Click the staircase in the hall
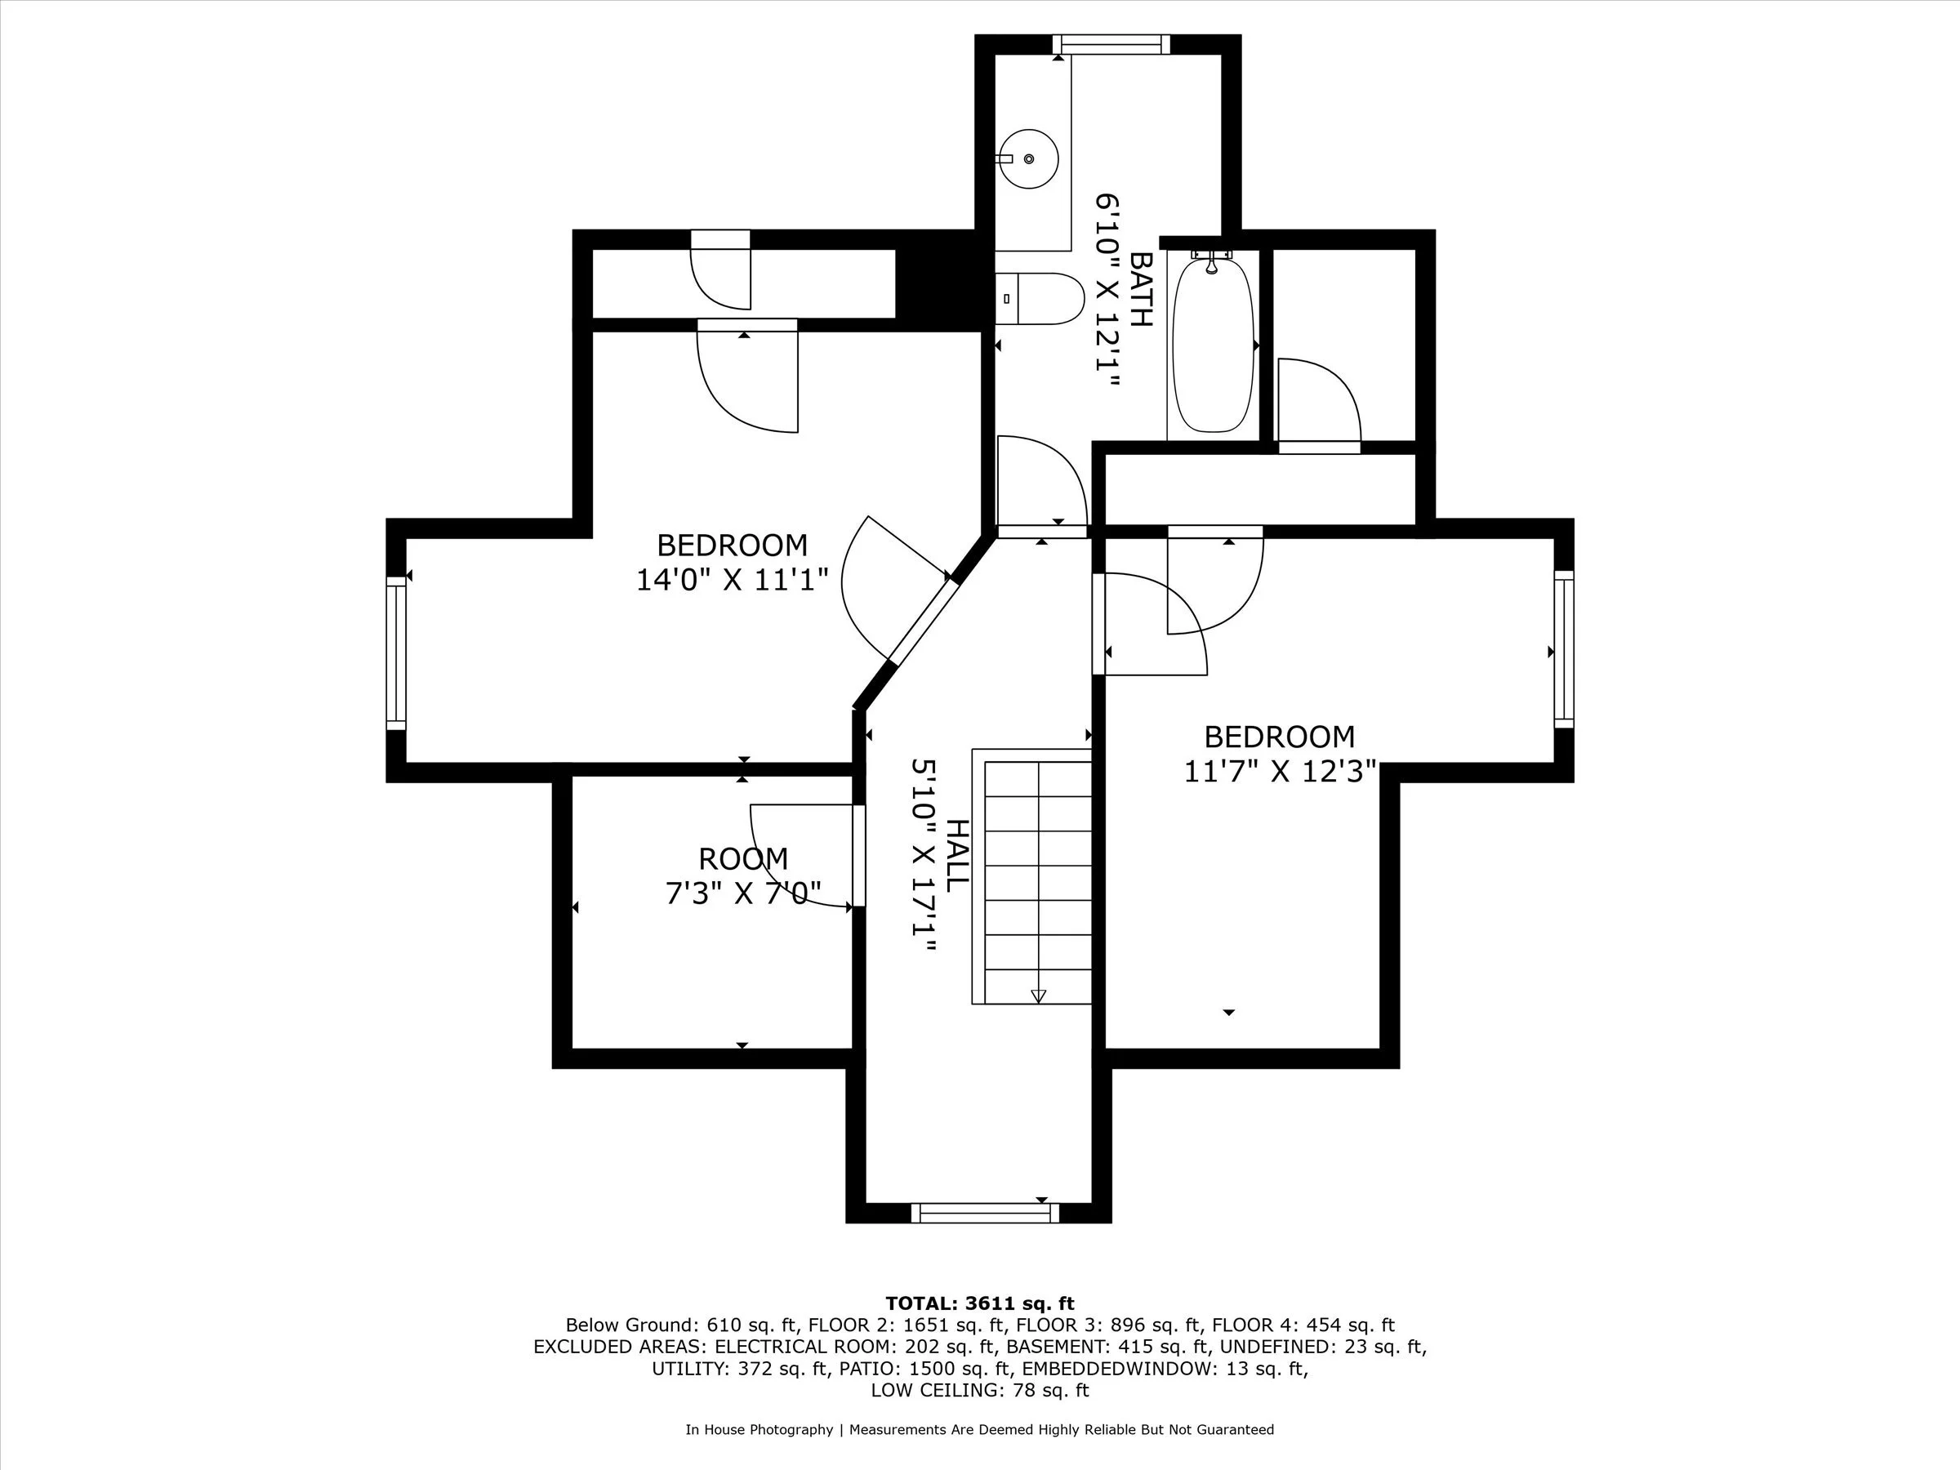coord(1031,876)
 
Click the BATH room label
coord(1141,289)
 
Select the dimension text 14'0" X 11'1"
coord(732,581)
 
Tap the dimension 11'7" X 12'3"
coord(1280,772)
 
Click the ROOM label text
coord(742,858)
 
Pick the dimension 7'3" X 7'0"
coord(742,893)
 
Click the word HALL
coord(957,855)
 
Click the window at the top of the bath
coord(1111,44)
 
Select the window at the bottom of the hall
coord(984,1213)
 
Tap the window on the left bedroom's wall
coord(396,653)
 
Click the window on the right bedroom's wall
coord(1564,648)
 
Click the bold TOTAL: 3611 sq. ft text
coord(979,1303)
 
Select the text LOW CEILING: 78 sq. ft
coord(979,1390)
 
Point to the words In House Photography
coord(759,1429)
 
